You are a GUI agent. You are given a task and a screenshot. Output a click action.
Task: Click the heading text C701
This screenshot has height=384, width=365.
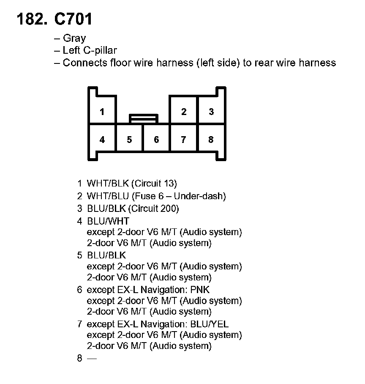pyautogui.click(x=73, y=19)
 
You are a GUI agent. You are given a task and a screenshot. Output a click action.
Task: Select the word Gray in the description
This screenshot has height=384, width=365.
pyautogui.click(x=74, y=39)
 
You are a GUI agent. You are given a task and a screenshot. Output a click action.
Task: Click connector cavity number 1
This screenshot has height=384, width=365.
pyautogui.click(x=102, y=112)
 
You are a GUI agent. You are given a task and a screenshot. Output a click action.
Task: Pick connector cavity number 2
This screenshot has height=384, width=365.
pyautogui.click(x=183, y=112)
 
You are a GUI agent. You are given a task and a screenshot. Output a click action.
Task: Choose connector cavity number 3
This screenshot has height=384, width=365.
pyautogui.click(x=211, y=112)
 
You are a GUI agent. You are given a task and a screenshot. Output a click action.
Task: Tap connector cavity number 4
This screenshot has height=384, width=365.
pyautogui.click(x=102, y=140)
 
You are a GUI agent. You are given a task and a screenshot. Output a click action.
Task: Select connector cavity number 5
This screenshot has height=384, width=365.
pyautogui.click(x=129, y=140)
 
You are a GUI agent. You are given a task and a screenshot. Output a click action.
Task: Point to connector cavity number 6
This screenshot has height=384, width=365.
pyautogui.click(x=156, y=140)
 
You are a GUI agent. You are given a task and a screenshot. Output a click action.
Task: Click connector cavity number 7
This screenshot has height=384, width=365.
pyautogui.click(x=183, y=140)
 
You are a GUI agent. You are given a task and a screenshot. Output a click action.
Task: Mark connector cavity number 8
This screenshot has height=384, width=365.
pyautogui.click(x=211, y=140)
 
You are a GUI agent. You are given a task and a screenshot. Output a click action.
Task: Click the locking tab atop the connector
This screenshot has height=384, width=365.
pyautogui.click(x=144, y=118)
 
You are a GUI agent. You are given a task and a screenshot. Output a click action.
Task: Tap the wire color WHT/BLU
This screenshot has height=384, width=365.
pyautogui.click(x=108, y=196)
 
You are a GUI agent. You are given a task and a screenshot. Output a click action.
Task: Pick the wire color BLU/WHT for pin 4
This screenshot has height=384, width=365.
pyautogui.click(x=108, y=221)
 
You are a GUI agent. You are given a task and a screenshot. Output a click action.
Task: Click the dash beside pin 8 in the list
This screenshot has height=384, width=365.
pyautogui.click(x=92, y=358)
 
